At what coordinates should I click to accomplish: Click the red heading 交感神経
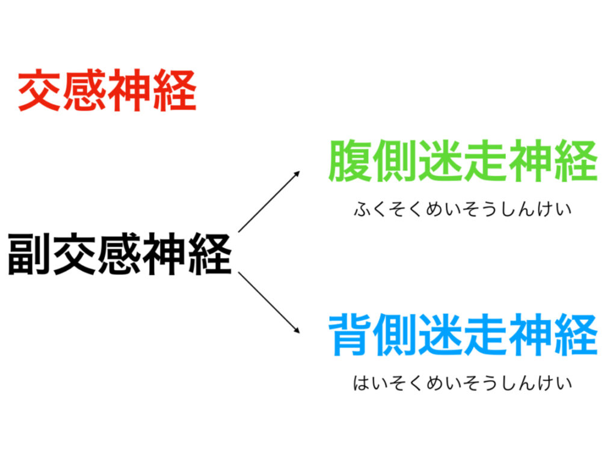point(107,91)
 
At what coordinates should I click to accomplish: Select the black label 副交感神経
point(120,254)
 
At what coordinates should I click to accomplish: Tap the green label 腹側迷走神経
point(463,161)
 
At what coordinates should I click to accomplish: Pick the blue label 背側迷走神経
point(463,335)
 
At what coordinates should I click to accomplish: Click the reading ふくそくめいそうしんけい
point(463,209)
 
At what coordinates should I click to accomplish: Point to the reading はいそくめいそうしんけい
point(463,383)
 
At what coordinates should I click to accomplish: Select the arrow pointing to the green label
point(269,201)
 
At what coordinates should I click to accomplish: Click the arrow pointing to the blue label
point(269,303)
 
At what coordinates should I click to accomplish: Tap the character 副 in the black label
point(29,254)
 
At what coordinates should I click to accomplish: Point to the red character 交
point(40,91)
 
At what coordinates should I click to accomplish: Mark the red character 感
point(85,91)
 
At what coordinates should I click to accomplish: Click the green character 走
point(485,161)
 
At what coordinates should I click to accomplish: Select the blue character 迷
point(440,335)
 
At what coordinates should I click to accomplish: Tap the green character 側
point(395,161)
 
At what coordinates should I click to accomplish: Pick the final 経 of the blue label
point(576,335)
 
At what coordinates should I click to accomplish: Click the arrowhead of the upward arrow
point(297,173)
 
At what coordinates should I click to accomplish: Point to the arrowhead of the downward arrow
point(297,331)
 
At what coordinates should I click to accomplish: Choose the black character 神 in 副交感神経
point(165,254)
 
